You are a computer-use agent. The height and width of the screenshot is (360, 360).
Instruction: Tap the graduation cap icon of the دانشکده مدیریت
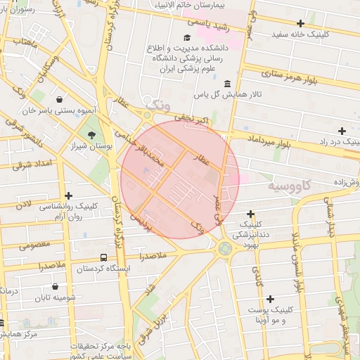[x=187, y=38]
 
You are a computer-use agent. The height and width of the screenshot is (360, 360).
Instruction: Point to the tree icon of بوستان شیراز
[x=91, y=134]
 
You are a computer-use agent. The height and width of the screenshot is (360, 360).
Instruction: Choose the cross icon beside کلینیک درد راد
[x=342, y=131]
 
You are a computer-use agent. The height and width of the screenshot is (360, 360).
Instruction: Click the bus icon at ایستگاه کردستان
[x=104, y=258]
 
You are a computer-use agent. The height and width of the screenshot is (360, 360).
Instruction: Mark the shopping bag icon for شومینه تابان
[x=55, y=286]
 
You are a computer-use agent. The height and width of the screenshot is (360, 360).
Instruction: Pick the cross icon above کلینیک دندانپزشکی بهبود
[x=250, y=214]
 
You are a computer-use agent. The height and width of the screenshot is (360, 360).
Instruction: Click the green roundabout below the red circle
[x=224, y=247]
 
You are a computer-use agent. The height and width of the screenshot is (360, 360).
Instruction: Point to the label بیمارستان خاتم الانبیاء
[x=210, y=5]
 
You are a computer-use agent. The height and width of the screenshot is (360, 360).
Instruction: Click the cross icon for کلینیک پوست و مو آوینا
[x=270, y=299]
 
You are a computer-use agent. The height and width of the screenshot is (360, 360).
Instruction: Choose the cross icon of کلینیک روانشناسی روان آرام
[x=68, y=196]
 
